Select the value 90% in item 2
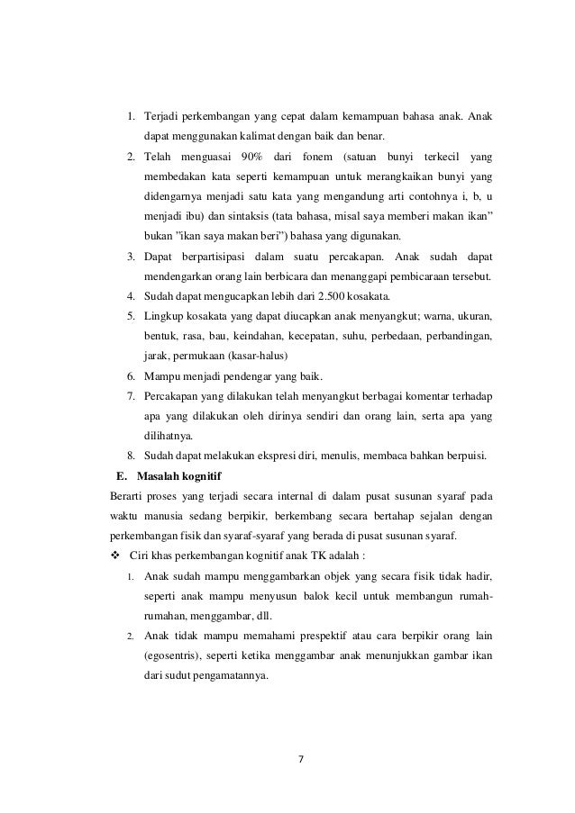[258, 156]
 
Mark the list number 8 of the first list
[130, 455]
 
